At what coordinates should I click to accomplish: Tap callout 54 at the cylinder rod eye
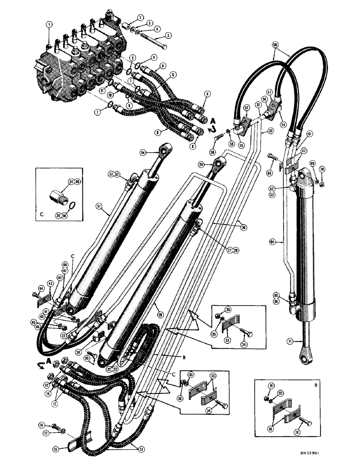tap(143, 153)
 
